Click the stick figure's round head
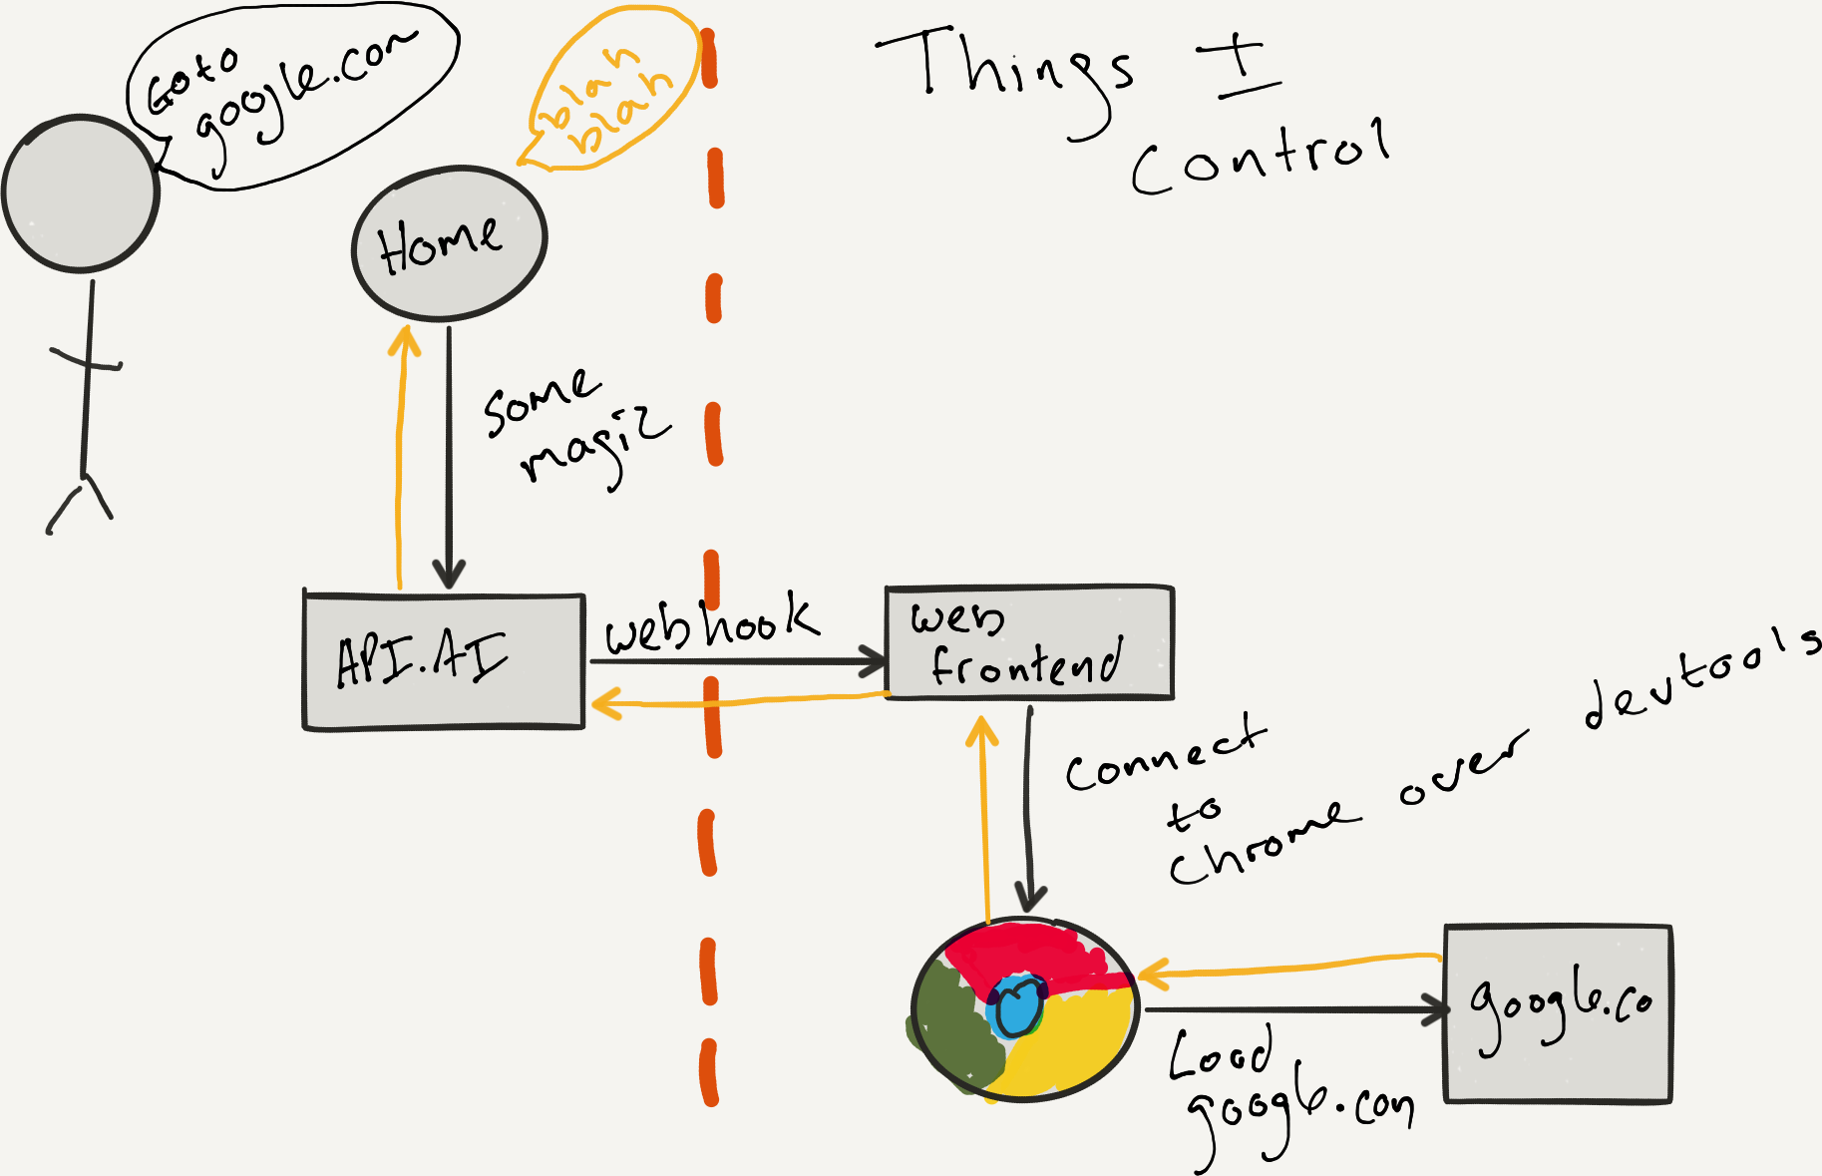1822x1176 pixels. pos(81,193)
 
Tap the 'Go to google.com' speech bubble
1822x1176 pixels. pos(289,95)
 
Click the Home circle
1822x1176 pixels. pos(449,242)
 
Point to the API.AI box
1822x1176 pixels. pos(444,661)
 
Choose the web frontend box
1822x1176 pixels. pos(1029,642)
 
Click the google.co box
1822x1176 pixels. pos(1558,1013)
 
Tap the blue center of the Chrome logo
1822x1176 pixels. pos(1017,1007)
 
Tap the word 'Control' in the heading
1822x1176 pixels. pos(1261,157)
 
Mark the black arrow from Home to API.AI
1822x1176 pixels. pos(449,459)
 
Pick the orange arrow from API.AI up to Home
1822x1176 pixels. pos(401,459)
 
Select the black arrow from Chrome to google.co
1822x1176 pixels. pos(1296,1010)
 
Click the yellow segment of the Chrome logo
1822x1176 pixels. pos(1072,1047)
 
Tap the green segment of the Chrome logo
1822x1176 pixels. pos(952,1027)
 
